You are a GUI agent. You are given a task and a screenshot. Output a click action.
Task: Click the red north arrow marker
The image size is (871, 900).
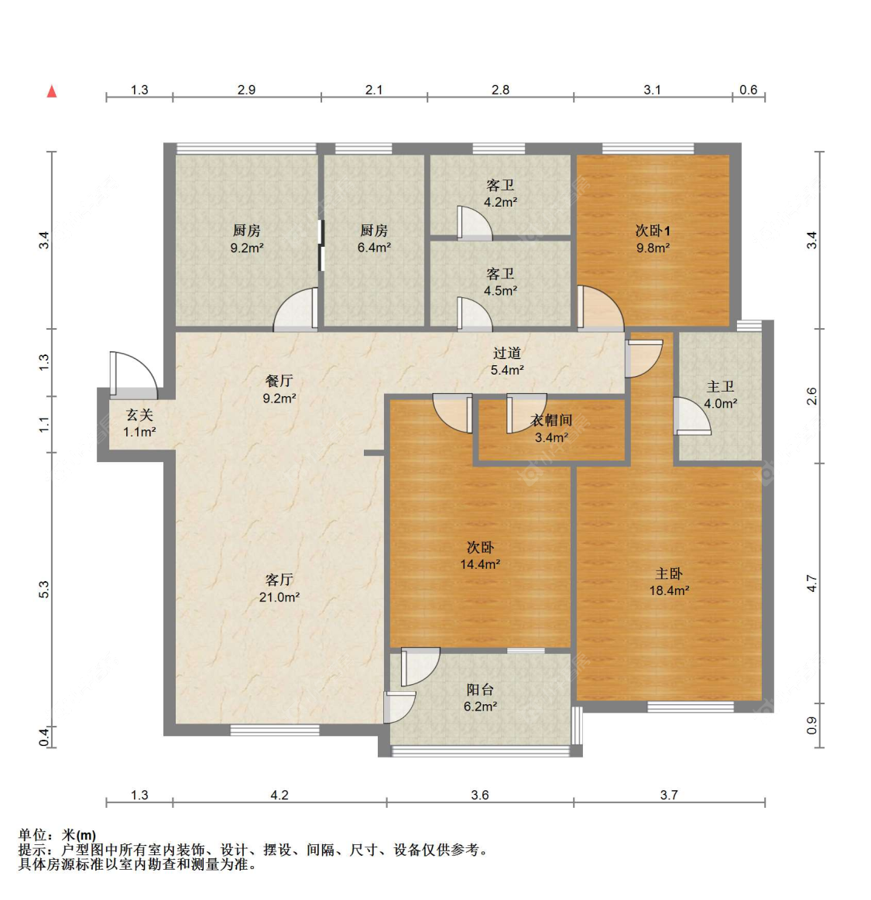click(52, 91)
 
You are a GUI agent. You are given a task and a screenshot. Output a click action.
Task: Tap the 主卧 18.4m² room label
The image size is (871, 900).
click(669, 581)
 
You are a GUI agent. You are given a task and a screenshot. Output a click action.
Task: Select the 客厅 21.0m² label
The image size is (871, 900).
click(279, 587)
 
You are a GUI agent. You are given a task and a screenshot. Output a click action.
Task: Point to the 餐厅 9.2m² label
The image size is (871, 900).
click(279, 389)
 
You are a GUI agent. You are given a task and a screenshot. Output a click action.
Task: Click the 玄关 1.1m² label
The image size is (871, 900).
click(139, 423)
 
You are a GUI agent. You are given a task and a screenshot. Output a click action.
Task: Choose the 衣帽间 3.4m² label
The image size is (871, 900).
click(551, 429)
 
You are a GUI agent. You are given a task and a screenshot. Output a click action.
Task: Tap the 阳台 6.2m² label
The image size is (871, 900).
click(480, 697)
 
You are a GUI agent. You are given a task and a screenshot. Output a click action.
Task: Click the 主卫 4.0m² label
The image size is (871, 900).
click(720, 395)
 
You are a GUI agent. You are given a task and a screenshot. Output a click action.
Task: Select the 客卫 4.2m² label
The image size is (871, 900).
click(500, 193)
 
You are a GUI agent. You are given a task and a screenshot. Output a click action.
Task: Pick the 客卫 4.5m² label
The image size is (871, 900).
click(500, 282)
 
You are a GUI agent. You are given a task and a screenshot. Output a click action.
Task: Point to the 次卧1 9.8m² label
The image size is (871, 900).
click(653, 238)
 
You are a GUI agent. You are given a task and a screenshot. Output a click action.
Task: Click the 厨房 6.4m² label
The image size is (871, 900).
click(374, 238)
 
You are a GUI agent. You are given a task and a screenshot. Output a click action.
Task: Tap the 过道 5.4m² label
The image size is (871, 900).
click(507, 361)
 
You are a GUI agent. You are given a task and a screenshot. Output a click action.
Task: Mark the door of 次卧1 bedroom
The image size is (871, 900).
click(599, 309)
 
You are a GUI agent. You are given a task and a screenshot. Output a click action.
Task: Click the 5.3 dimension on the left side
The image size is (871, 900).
click(44, 589)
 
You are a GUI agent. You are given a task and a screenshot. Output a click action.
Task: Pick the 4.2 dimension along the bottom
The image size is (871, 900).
click(279, 795)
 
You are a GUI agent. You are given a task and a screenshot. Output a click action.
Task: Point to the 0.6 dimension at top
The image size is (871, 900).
click(748, 90)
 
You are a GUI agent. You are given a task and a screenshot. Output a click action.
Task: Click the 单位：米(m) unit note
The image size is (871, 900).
click(57, 834)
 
